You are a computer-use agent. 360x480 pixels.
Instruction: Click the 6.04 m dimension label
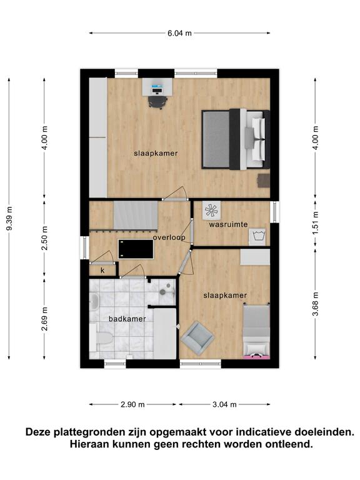click(179, 33)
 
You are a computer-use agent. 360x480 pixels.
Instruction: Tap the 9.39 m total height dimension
click(9, 218)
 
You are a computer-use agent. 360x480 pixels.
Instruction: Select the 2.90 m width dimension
click(132, 404)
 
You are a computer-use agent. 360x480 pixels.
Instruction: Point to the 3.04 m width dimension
click(224, 404)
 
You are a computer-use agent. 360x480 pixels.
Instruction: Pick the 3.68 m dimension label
click(316, 304)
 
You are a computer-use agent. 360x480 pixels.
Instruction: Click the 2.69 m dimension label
click(45, 319)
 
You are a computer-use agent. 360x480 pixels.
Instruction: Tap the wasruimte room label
click(228, 224)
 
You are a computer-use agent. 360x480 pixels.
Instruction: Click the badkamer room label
click(127, 319)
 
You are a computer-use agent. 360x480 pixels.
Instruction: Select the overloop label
click(169, 237)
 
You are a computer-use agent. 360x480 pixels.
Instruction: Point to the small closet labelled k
click(102, 270)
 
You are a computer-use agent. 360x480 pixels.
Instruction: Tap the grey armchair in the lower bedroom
click(197, 338)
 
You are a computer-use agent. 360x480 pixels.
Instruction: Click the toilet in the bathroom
click(103, 338)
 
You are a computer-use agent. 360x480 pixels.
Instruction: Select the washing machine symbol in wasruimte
click(257, 237)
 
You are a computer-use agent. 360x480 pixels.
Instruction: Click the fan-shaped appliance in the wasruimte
click(211, 210)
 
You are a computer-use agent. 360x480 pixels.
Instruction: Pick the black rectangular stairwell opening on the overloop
click(136, 249)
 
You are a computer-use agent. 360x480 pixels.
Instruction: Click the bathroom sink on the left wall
click(94, 301)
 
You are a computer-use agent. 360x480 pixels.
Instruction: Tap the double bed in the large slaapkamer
click(236, 139)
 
